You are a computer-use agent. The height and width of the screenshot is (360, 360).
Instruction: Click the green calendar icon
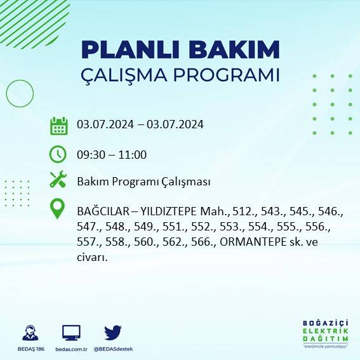point(58,126)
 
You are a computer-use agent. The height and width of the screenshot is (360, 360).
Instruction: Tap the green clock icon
point(58,154)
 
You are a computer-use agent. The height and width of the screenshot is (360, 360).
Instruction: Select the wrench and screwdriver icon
point(58,180)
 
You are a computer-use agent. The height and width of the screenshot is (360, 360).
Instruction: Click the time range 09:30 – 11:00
point(112,154)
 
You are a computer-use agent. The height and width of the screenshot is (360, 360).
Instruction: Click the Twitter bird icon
point(113,332)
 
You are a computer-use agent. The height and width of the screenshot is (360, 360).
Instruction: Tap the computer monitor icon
point(71,332)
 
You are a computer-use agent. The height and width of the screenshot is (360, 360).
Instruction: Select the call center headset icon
point(29,332)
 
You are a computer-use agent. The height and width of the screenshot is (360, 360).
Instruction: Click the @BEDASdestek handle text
point(113,349)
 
